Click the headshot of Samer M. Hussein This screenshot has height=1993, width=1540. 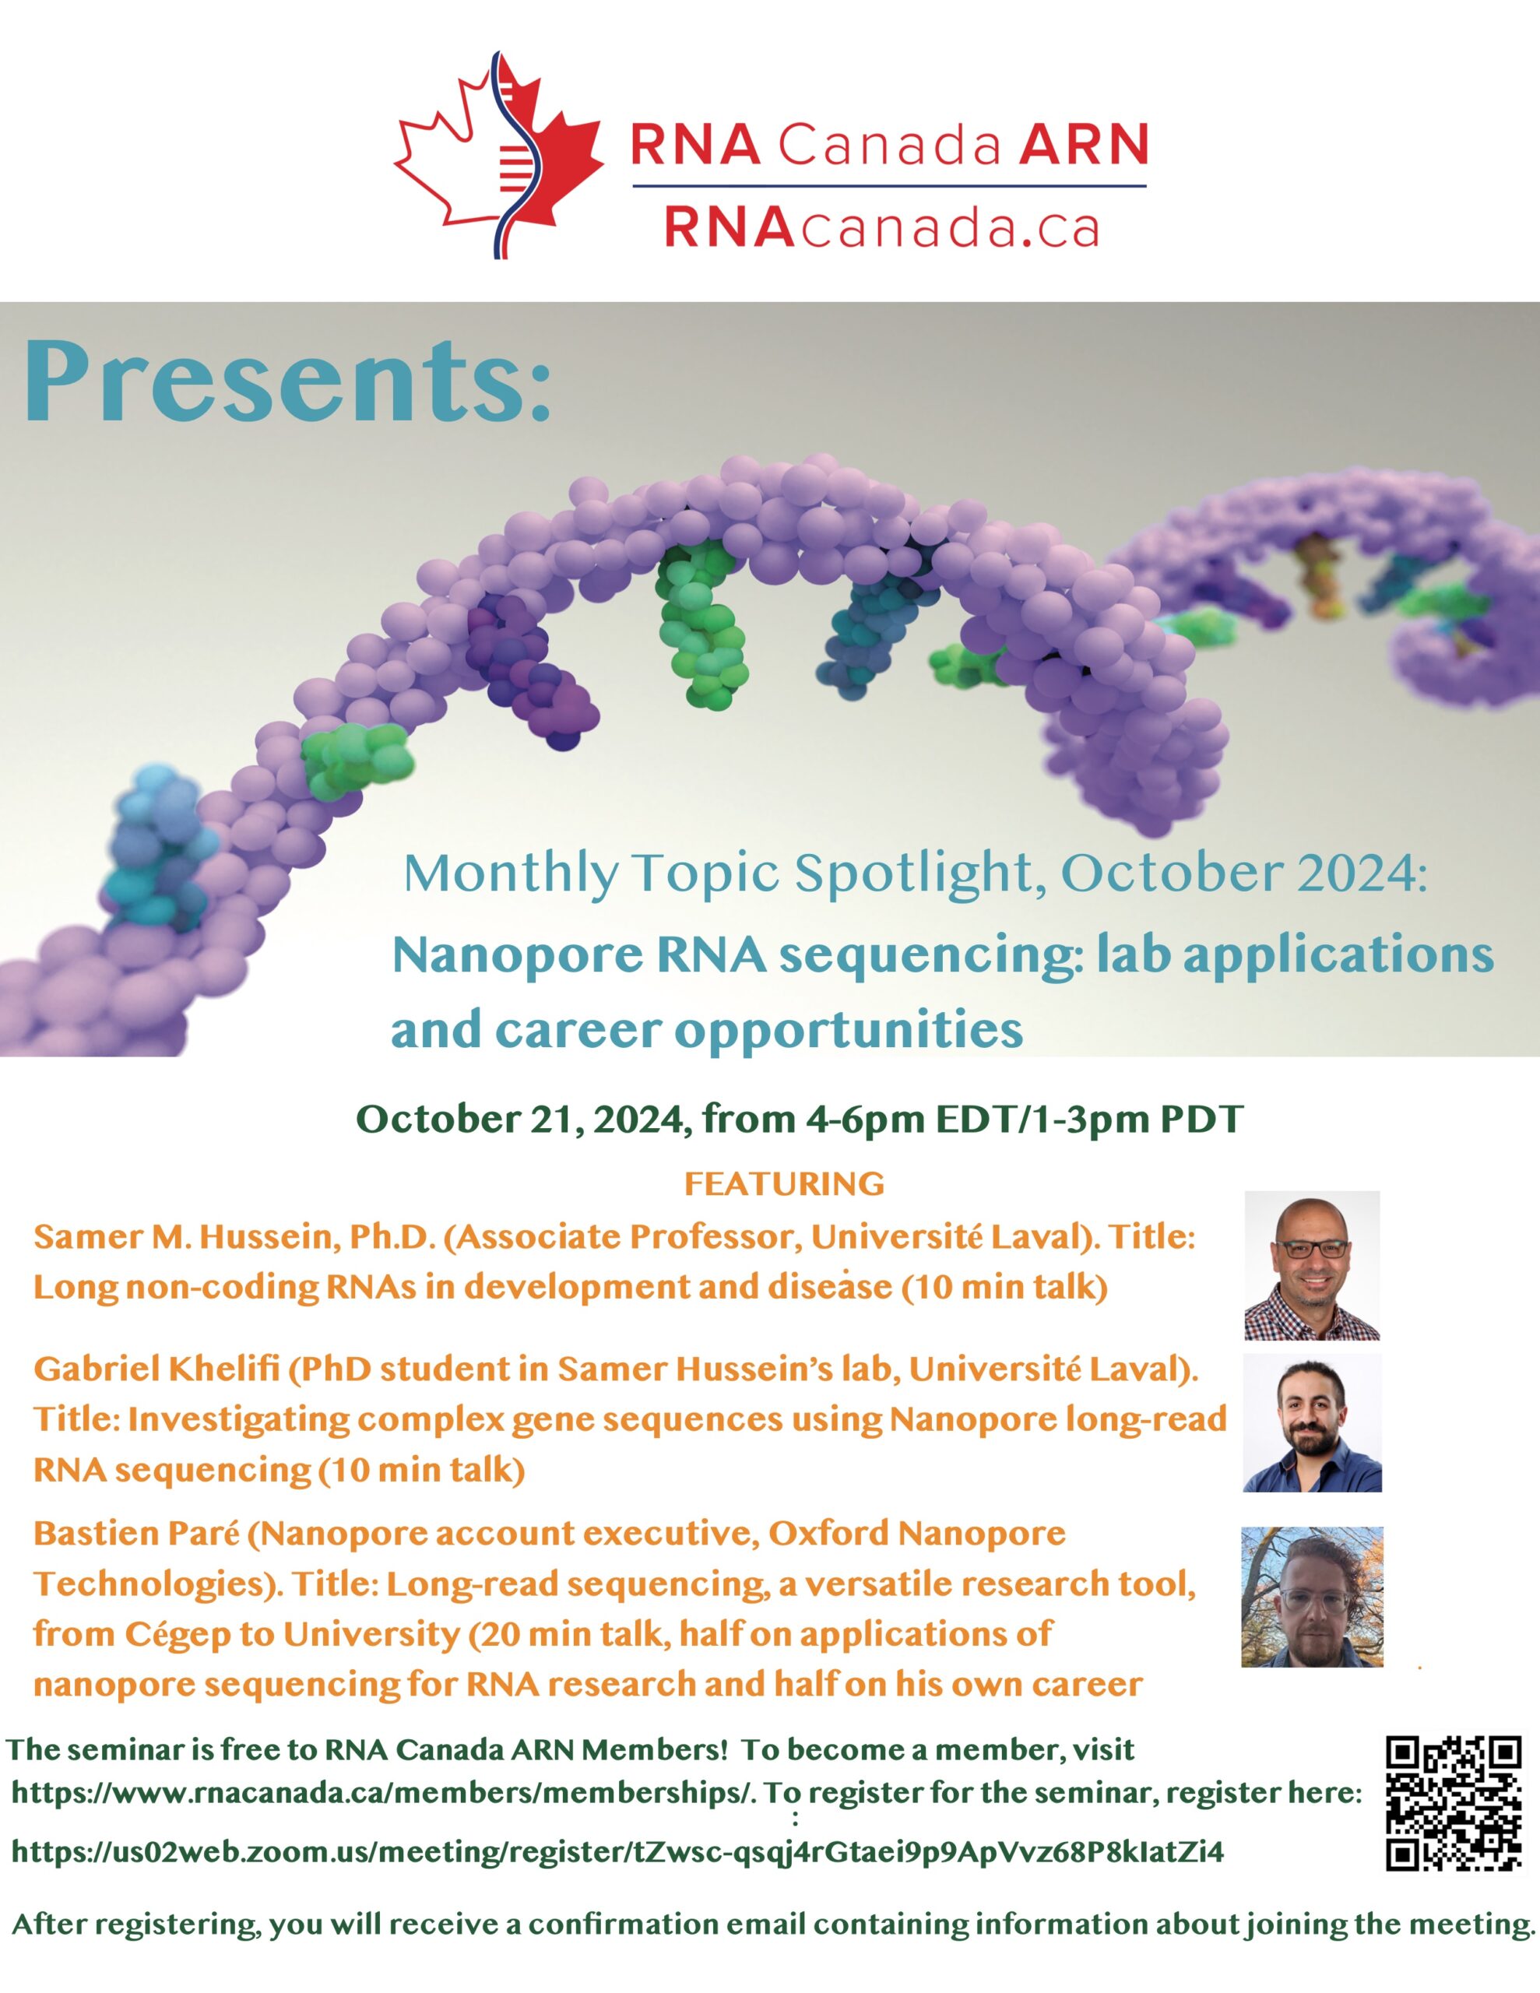1312,1265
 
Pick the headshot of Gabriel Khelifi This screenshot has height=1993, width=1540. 1312,1422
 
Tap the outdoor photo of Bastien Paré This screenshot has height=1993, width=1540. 1312,1597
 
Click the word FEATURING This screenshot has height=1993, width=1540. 784,1183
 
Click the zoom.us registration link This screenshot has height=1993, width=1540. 617,1851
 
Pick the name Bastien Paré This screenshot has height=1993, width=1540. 137,1533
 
